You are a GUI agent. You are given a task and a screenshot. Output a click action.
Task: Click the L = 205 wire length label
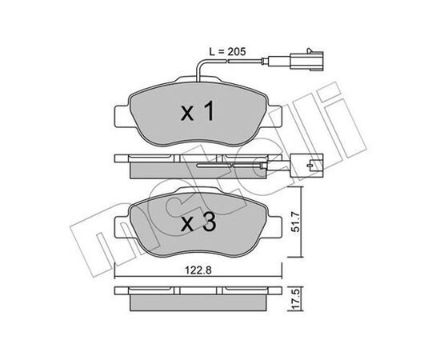click(227, 52)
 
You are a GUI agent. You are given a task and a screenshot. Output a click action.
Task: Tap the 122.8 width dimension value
click(198, 270)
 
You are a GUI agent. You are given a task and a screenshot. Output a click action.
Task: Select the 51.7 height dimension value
click(295, 222)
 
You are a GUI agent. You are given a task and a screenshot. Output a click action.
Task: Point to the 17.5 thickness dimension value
click(295, 300)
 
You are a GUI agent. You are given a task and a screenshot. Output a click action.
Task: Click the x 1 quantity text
click(198, 111)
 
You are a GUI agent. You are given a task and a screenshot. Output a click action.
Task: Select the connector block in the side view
click(307, 166)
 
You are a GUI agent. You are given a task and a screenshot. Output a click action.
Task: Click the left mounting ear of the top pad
click(122, 117)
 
